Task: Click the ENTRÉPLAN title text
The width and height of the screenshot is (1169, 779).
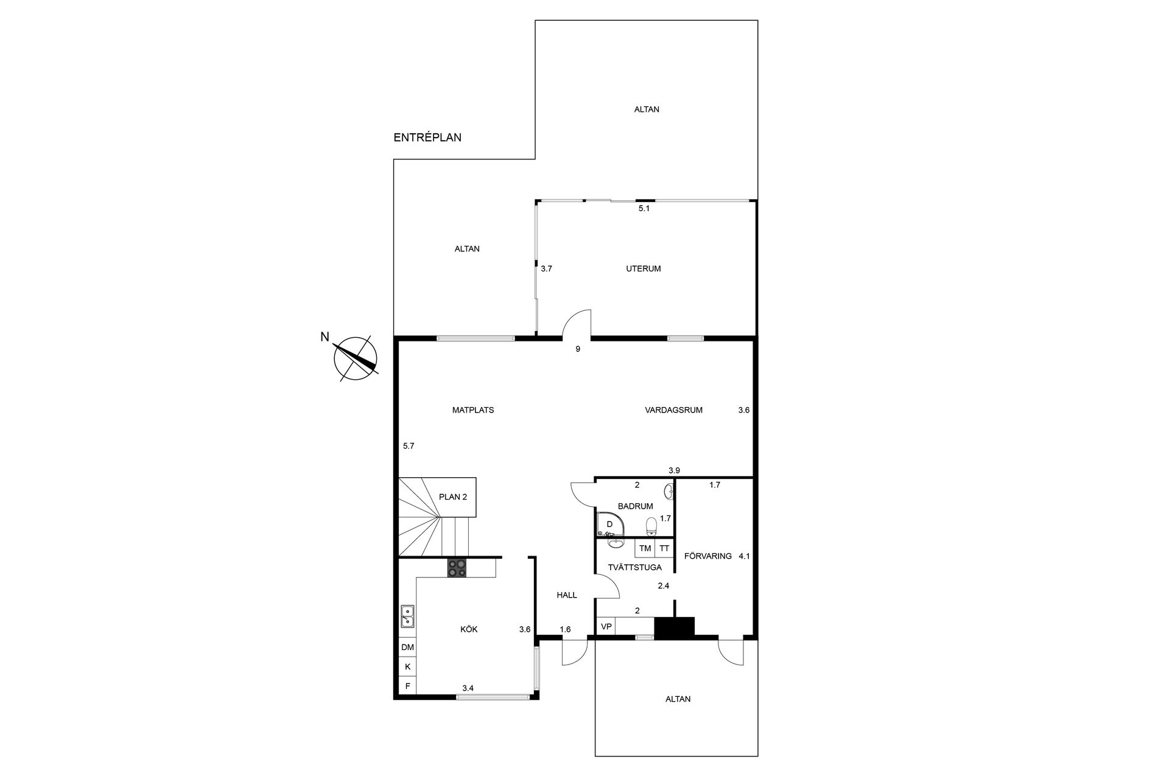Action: pyautogui.click(x=427, y=138)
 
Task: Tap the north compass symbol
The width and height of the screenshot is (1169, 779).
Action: pyautogui.click(x=356, y=358)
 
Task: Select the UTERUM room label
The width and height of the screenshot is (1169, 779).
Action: pyautogui.click(x=643, y=268)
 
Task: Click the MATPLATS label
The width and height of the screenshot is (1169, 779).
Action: pyautogui.click(x=473, y=410)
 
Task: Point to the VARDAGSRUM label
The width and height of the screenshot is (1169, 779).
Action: pyautogui.click(x=673, y=410)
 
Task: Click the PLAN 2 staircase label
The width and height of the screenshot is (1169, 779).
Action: pyautogui.click(x=452, y=497)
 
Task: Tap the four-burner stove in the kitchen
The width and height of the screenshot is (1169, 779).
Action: pyautogui.click(x=457, y=568)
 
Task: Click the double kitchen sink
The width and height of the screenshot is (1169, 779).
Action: pyautogui.click(x=407, y=617)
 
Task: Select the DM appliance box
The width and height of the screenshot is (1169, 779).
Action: pyautogui.click(x=407, y=648)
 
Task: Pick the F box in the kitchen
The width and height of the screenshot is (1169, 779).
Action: pyautogui.click(x=407, y=686)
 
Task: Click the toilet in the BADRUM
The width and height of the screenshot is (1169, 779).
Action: pyautogui.click(x=651, y=525)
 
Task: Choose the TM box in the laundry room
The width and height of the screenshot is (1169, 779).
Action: pyautogui.click(x=645, y=548)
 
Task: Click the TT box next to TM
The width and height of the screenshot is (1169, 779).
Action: pyautogui.click(x=664, y=548)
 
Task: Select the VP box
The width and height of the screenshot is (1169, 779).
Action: pyautogui.click(x=606, y=626)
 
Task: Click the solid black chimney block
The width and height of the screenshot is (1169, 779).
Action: pyautogui.click(x=674, y=627)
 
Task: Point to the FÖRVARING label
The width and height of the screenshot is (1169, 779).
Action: pyautogui.click(x=707, y=556)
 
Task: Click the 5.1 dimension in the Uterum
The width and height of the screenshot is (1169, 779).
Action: pyautogui.click(x=644, y=208)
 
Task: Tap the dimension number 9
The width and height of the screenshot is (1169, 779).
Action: pyautogui.click(x=578, y=349)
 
